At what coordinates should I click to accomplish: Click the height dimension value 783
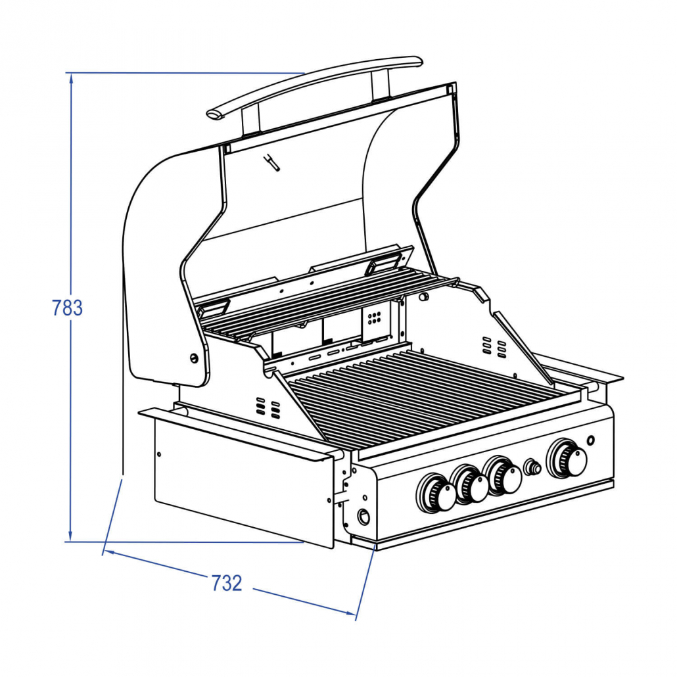point(67,308)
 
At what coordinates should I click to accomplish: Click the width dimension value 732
point(227,583)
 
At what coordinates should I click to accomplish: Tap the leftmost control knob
point(436,494)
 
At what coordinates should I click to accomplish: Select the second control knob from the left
point(469,485)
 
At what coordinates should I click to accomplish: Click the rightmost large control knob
point(567,459)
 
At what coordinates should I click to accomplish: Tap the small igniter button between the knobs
point(532,467)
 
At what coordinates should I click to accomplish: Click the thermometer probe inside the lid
point(271,162)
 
